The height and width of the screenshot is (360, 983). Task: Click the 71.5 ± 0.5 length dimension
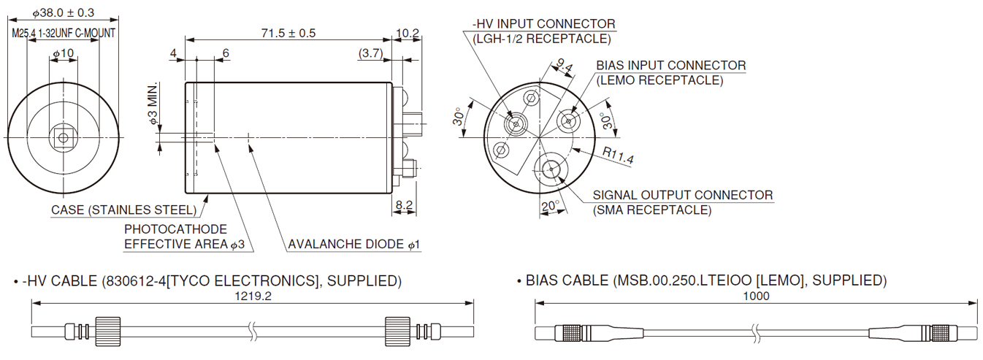(x=288, y=33)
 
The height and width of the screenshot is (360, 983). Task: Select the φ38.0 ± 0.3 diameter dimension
(x=64, y=12)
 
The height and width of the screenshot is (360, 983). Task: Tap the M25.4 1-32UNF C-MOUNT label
(x=64, y=34)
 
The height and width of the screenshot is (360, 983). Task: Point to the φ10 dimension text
(x=64, y=54)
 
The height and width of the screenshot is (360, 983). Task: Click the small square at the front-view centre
(x=64, y=137)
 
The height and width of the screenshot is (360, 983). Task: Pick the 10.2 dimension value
(x=407, y=33)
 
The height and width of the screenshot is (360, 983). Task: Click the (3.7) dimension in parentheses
(x=370, y=53)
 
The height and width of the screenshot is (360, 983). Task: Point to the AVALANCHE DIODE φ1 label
(x=354, y=244)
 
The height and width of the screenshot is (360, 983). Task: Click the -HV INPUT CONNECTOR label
(x=543, y=24)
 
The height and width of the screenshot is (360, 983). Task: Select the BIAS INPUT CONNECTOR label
(x=670, y=66)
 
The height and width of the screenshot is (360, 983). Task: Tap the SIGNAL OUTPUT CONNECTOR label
(x=682, y=195)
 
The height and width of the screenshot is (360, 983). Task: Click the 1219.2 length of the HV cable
(x=252, y=296)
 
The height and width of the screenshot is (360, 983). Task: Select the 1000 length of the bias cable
(x=756, y=296)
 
